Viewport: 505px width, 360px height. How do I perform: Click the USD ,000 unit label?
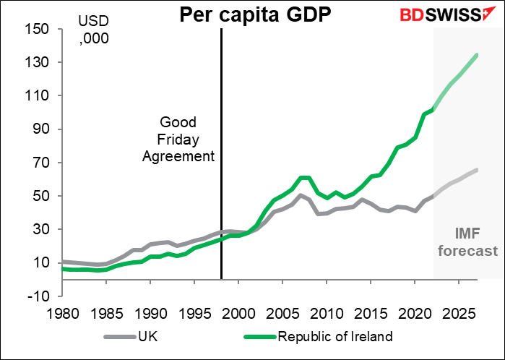[x=95, y=31]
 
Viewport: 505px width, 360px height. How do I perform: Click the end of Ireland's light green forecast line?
[x=477, y=54]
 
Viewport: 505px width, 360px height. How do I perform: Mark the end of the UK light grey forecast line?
[x=477, y=170]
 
